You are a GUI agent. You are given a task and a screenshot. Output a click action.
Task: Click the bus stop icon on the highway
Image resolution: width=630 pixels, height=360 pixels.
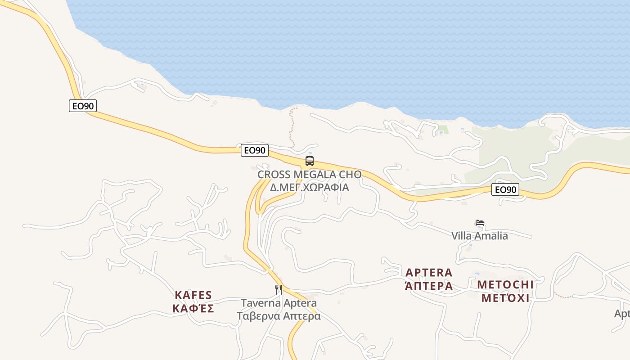tap(309, 161)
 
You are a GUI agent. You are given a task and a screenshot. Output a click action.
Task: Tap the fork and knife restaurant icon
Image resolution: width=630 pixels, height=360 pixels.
tap(279, 289)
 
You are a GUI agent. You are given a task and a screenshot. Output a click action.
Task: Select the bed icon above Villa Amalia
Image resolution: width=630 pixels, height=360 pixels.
tap(480, 223)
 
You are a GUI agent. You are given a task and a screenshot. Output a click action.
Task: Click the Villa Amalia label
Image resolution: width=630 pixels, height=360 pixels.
tap(480, 236)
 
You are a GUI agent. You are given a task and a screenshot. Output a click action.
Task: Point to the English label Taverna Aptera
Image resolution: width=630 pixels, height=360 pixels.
tap(279, 303)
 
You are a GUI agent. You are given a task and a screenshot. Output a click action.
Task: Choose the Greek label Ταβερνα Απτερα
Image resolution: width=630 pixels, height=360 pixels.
tap(279, 316)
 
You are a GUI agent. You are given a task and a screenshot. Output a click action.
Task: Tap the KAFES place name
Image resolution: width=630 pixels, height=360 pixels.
tap(193, 295)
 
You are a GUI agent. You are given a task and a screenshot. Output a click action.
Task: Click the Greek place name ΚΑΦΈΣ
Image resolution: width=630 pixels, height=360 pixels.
tap(193, 309)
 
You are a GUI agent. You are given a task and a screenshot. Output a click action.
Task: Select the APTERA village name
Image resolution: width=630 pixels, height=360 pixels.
tap(429, 273)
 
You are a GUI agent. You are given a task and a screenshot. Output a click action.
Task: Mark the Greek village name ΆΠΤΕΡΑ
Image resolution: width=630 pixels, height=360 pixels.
tap(429, 286)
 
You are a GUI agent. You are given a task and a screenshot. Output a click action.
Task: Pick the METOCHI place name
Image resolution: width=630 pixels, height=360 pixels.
tap(505, 284)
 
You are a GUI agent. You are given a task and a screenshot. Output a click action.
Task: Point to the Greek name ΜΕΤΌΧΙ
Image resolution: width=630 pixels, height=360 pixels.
tap(505, 298)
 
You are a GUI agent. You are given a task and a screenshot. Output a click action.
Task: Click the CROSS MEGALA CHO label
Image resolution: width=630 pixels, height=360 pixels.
tap(309, 175)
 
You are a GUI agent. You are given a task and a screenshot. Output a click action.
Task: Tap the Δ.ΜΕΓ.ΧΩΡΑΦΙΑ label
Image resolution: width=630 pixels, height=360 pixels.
tap(309, 187)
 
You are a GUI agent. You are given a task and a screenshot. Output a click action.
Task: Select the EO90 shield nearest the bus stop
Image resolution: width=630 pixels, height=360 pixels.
tap(255, 150)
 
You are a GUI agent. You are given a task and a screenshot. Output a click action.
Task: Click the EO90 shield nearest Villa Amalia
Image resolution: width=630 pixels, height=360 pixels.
tap(505, 189)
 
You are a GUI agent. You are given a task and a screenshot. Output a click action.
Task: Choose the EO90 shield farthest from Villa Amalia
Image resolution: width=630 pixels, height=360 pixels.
tap(83, 106)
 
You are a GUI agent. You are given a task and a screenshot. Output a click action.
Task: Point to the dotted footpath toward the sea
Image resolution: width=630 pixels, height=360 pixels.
tap(292, 128)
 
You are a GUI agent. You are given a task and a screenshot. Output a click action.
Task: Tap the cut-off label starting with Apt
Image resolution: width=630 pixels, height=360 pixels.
tap(622, 314)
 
